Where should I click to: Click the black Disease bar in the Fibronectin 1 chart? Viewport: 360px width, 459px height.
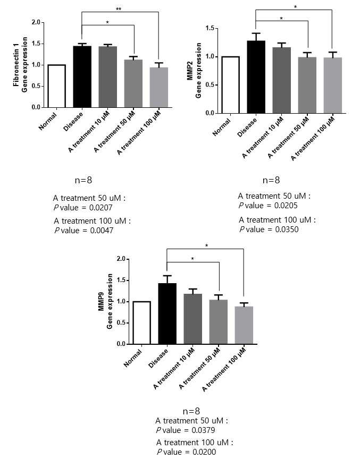[82, 76]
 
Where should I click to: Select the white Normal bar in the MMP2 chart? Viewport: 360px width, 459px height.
[231, 85]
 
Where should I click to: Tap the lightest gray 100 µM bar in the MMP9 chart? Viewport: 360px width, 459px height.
[244, 325]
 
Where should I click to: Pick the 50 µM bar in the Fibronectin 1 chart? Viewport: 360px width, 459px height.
[133, 84]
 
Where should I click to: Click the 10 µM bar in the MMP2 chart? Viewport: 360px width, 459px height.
[282, 80]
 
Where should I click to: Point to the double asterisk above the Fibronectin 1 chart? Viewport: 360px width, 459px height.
[119, 9]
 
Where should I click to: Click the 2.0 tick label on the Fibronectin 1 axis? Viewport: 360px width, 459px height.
[36, 22]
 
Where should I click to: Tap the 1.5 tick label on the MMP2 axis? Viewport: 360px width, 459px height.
[210, 28]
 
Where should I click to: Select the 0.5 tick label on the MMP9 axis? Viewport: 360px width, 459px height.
[121, 323]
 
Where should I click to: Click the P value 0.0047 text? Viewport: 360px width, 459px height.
[84, 231]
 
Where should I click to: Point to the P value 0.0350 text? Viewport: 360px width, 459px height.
[269, 229]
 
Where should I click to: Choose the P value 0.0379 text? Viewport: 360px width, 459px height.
[186, 430]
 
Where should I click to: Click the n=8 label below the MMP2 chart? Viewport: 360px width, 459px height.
[271, 180]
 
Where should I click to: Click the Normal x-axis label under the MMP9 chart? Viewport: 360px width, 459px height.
[133, 358]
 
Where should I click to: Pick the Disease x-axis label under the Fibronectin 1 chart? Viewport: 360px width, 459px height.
[73, 122]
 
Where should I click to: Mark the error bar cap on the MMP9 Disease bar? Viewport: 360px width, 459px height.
[168, 276]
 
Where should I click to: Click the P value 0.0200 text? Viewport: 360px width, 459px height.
[186, 452]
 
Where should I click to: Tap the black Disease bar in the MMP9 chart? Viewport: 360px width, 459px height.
[168, 313]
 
